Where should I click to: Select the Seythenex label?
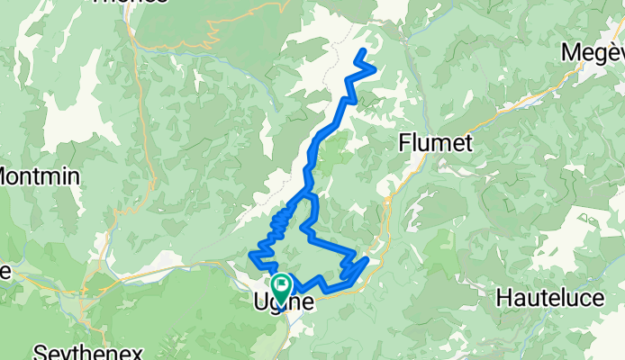tap(75, 351)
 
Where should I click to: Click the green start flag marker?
tap(280, 286)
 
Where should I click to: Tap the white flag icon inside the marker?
tap(280, 283)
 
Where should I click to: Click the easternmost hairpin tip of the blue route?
tap(367, 260)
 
